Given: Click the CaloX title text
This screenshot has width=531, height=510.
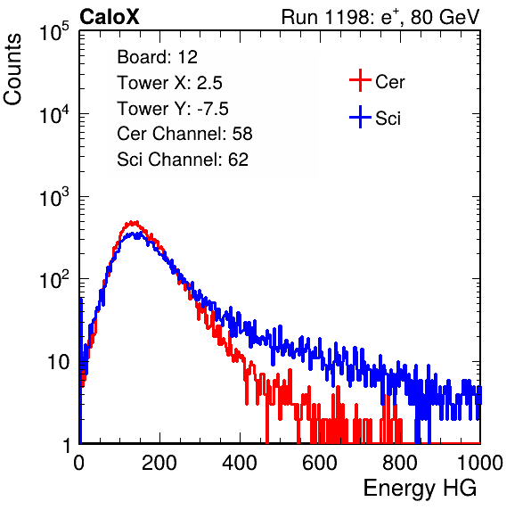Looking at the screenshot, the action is [x=109, y=17].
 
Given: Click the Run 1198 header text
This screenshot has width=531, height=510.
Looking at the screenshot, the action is [x=380, y=17].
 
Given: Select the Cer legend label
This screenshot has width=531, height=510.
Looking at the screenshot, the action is [x=389, y=82].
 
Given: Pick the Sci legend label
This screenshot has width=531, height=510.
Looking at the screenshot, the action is [x=388, y=119].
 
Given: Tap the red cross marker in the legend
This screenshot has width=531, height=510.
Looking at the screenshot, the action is [x=360, y=80].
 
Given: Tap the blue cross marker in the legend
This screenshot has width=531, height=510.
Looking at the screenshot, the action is [x=360, y=118].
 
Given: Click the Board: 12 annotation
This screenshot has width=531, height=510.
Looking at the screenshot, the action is [x=157, y=57].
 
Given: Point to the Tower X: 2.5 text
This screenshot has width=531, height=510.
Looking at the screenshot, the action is [x=169, y=83].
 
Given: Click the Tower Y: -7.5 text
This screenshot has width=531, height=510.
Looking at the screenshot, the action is [x=173, y=109].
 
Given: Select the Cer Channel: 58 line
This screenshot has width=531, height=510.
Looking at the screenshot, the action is [x=184, y=134].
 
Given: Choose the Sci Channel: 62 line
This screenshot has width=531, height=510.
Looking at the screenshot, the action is [x=183, y=160].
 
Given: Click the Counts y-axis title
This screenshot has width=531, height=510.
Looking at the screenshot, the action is [x=12, y=69].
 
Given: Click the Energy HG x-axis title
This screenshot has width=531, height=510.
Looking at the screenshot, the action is [x=420, y=489].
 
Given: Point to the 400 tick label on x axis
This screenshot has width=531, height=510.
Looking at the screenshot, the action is [x=240, y=463].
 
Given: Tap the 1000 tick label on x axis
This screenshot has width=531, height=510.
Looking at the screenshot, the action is [x=480, y=463].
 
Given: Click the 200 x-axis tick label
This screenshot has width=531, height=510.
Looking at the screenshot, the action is [x=159, y=463].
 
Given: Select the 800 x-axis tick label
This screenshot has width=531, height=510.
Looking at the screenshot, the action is [x=400, y=463].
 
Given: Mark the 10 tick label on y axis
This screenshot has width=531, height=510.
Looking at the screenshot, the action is [x=59, y=362].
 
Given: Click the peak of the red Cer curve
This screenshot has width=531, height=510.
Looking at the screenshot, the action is [x=134, y=222].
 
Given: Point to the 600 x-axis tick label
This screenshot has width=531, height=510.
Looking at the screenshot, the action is [x=320, y=463].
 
